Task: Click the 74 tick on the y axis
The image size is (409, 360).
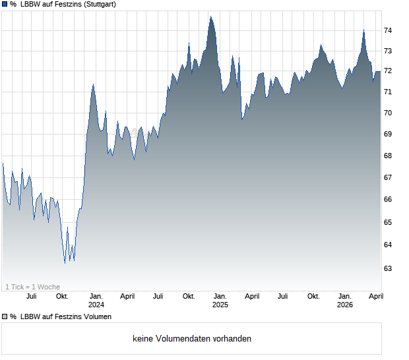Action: (388, 30)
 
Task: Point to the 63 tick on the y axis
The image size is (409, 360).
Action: (388, 268)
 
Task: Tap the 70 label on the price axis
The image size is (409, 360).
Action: (388, 113)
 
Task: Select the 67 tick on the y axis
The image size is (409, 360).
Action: (388, 177)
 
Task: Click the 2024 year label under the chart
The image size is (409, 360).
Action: (96, 305)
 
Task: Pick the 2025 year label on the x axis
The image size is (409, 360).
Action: (220, 305)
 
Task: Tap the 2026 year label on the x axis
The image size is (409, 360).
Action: (344, 305)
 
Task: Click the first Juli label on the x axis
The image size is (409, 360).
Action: (31, 297)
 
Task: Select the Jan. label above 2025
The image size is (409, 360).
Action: (220, 297)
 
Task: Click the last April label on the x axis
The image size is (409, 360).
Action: (375, 297)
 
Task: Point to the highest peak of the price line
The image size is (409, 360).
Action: (210, 16)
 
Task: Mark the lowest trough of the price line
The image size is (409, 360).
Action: (65, 263)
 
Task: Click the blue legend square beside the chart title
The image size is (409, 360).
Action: (5, 5)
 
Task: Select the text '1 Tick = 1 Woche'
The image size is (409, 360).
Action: (32, 287)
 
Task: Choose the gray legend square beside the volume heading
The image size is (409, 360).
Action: (5, 317)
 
